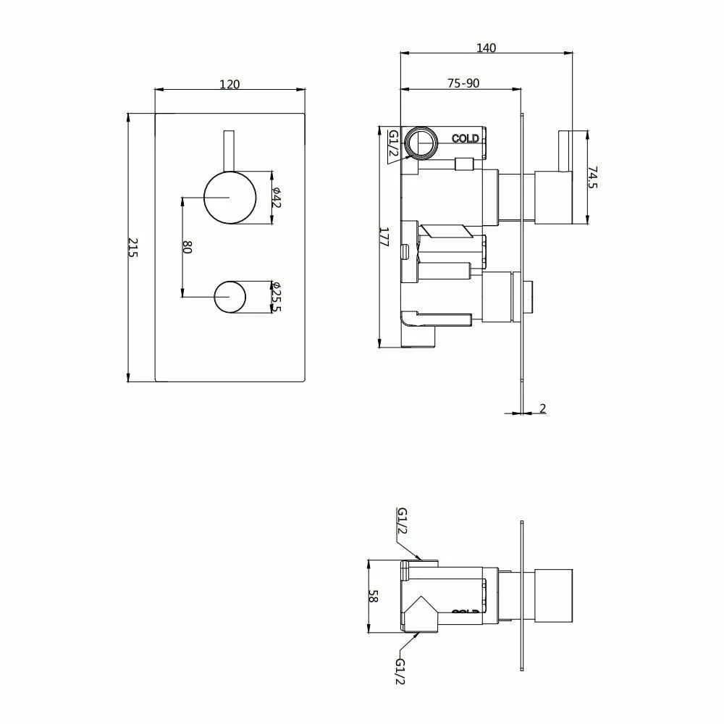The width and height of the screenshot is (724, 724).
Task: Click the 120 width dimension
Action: coord(230,84)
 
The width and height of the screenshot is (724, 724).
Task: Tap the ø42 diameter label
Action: coord(277,197)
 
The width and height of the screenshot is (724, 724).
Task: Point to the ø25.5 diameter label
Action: coord(277,297)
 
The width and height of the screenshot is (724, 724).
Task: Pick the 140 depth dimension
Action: coord(486,48)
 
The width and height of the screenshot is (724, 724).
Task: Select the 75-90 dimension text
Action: coord(463,84)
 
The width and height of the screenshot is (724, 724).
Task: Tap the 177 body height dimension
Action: coord(384,238)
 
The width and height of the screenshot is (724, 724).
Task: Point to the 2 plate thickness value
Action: coord(542,409)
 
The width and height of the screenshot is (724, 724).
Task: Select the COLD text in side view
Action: coord(466,138)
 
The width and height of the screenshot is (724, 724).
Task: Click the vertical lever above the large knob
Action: coord(230,152)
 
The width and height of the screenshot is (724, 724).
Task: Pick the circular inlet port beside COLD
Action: coord(421,141)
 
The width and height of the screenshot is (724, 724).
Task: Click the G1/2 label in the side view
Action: coord(394,144)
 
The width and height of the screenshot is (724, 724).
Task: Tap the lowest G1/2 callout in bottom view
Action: coord(400,669)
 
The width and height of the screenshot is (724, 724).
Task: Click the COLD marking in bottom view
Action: coord(466,613)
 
